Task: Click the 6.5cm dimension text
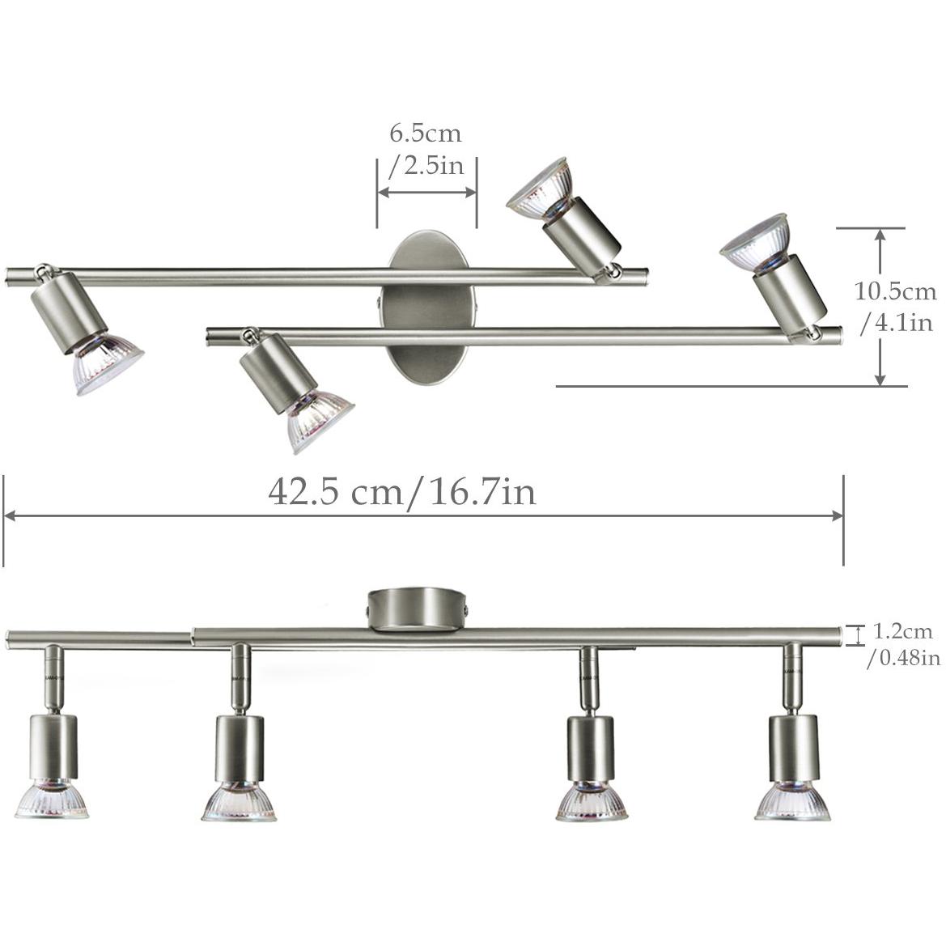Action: [x=426, y=133]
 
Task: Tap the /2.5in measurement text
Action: [x=426, y=165]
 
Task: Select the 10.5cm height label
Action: [x=895, y=291]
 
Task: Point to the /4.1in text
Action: [x=897, y=322]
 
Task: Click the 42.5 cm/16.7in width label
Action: [x=402, y=492]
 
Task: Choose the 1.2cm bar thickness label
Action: [x=903, y=631]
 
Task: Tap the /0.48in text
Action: [x=903, y=657]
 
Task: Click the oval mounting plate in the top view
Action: [x=426, y=310]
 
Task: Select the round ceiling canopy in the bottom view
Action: [x=418, y=610]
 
